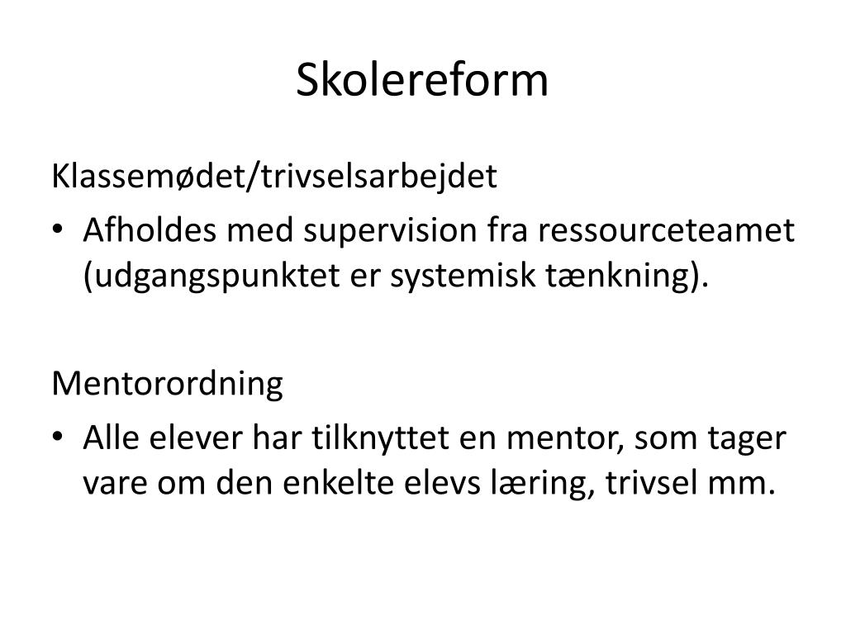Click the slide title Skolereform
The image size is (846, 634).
click(422, 80)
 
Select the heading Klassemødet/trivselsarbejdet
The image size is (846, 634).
click(274, 177)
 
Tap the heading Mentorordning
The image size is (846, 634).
click(167, 385)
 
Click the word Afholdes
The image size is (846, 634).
click(150, 230)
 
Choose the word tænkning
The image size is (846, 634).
click(619, 277)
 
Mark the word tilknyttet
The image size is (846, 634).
click(380, 438)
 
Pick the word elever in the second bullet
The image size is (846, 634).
click(196, 438)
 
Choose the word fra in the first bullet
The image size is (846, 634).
click(508, 230)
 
